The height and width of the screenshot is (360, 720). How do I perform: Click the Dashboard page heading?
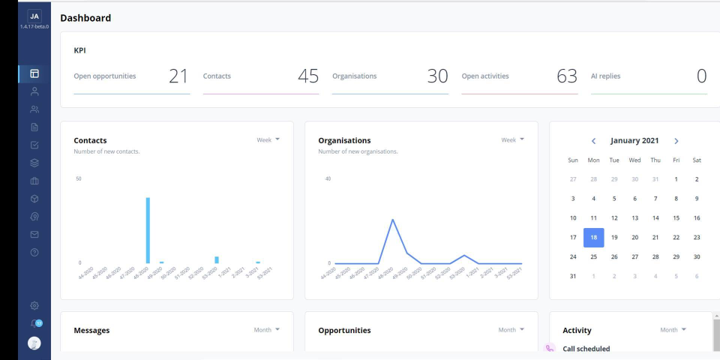coord(85,18)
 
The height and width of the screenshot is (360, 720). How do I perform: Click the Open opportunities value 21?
coord(178,76)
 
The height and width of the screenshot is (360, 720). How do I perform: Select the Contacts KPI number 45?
coord(307,76)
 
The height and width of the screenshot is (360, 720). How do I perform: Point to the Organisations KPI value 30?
coord(437,76)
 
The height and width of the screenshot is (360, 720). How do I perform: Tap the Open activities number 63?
coord(567,76)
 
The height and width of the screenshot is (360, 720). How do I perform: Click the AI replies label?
coord(606,76)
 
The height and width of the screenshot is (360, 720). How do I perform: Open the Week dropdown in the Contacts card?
coord(268,139)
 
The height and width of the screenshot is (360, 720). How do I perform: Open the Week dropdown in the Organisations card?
coord(512,139)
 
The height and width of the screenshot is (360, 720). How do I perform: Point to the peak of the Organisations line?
coord(392,220)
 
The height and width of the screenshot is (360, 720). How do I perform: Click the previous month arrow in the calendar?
coord(594,141)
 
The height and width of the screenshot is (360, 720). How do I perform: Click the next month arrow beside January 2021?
coord(676,141)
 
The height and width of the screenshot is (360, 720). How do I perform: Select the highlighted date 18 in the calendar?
coord(593,238)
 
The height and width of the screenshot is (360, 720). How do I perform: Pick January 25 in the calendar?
coord(593,256)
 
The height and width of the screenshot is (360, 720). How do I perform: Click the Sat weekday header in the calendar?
coord(697,160)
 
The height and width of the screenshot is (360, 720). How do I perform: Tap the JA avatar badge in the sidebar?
coord(34,16)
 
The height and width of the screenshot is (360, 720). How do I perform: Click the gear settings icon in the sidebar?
coord(34,306)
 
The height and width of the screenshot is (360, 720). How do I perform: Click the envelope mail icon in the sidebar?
coord(34,233)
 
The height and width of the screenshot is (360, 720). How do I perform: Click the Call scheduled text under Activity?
coord(586,349)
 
